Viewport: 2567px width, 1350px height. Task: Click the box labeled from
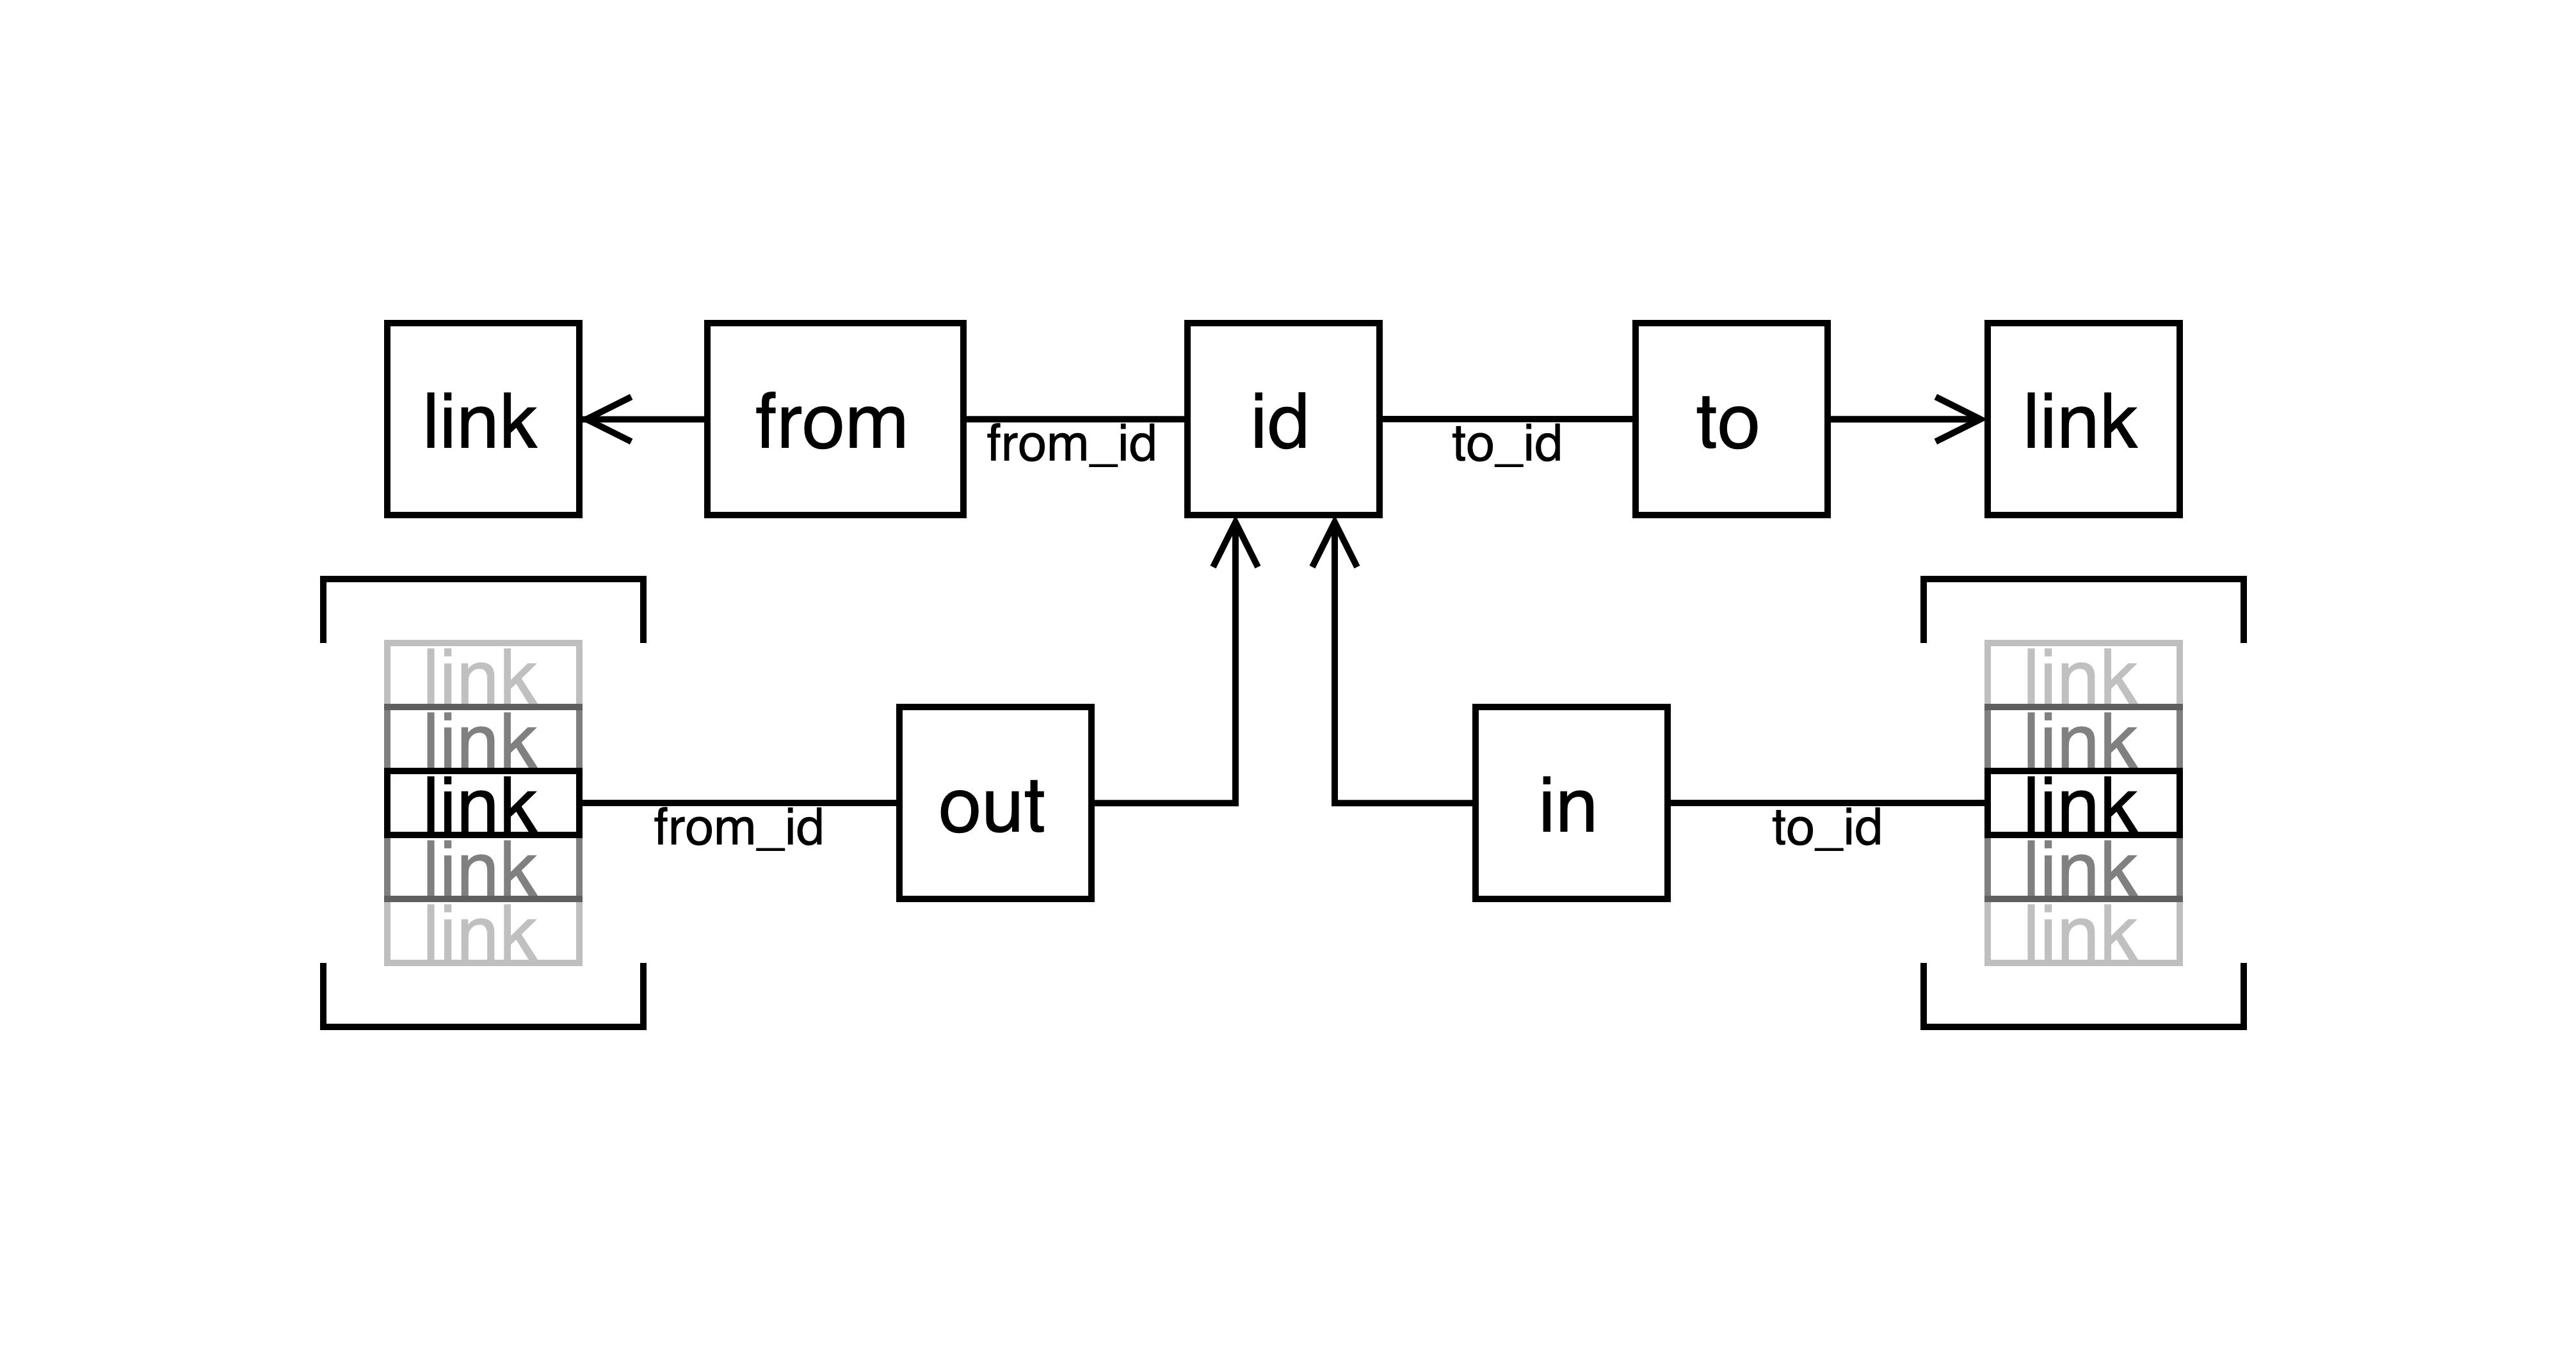[x=835, y=420]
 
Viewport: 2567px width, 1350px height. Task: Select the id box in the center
[x=1282, y=420]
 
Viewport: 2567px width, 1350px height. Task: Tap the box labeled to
[x=1731, y=420]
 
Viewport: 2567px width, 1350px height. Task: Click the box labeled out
[x=995, y=803]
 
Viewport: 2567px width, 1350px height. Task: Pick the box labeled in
[x=1570, y=803]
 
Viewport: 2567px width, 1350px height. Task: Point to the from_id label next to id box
[x=1071, y=445]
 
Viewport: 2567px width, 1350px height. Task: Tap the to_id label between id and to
[x=1506, y=445]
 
